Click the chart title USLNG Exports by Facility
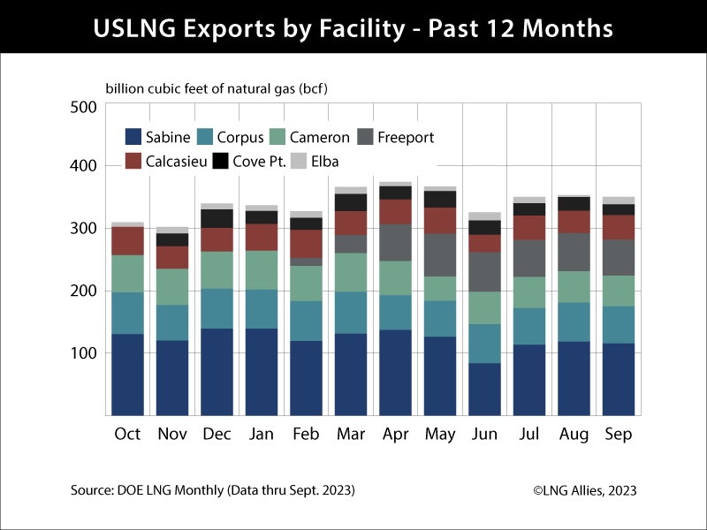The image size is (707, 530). [353, 28]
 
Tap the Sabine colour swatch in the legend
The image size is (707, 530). [133, 137]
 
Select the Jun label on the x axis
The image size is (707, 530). [483, 435]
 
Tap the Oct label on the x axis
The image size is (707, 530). [127, 435]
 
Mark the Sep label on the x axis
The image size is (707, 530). [619, 435]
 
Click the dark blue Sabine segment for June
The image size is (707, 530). [483, 389]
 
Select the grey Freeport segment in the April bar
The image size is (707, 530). [394, 242]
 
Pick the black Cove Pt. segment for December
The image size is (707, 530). [217, 218]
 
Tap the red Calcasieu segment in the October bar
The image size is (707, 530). [127, 241]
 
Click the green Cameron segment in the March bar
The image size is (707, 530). [350, 272]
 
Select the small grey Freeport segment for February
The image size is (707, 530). [306, 261]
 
